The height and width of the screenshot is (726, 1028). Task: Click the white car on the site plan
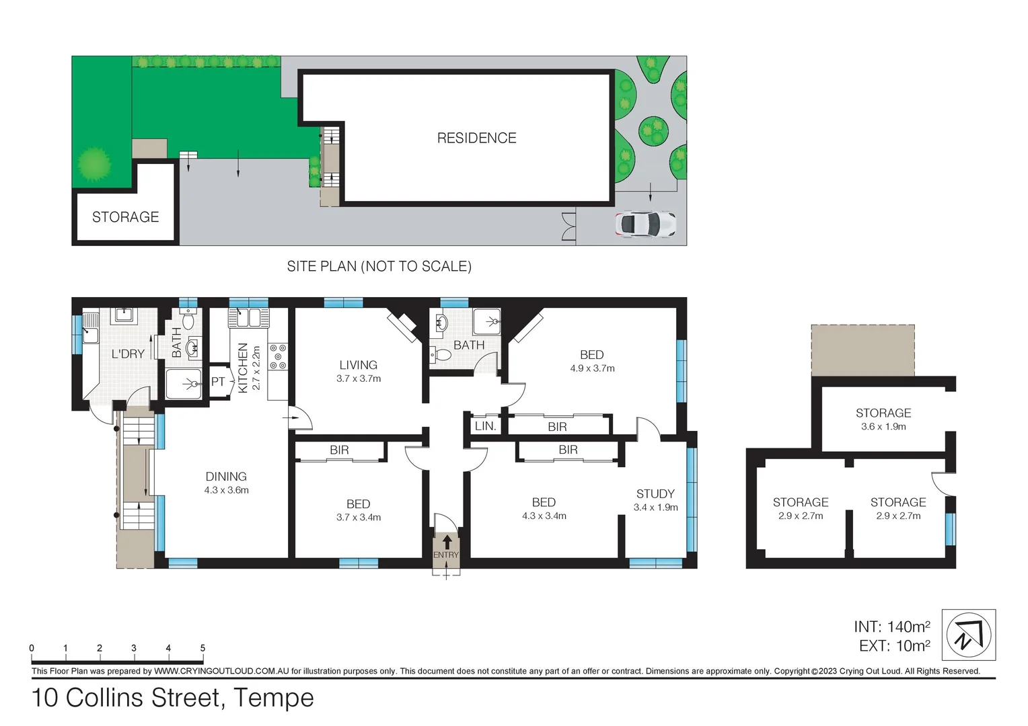pyautogui.click(x=645, y=225)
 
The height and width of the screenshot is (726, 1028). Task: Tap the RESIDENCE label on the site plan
pyautogui.click(x=476, y=138)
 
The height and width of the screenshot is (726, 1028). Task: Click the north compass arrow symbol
pyautogui.click(x=968, y=635)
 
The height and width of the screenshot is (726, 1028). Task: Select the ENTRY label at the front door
pyautogui.click(x=446, y=555)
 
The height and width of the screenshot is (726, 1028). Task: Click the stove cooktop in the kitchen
pyautogui.click(x=278, y=357)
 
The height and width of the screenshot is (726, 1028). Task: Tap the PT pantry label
pyautogui.click(x=218, y=382)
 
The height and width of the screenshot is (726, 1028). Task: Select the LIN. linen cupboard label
pyautogui.click(x=485, y=426)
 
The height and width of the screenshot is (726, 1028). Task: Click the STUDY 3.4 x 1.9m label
pyautogui.click(x=655, y=500)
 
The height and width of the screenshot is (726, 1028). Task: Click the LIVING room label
pyautogui.click(x=358, y=365)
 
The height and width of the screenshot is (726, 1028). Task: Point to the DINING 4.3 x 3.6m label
pyautogui.click(x=226, y=483)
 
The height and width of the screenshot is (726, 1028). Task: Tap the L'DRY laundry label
pyautogui.click(x=128, y=354)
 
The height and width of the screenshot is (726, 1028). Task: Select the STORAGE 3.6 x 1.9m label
pyautogui.click(x=883, y=419)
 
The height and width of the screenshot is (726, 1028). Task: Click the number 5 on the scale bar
pyautogui.click(x=203, y=648)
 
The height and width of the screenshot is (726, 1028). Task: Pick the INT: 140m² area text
pyautogui.click(x=891, y=627)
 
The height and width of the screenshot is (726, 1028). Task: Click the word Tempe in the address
pyautogui.click(x=274, y=698)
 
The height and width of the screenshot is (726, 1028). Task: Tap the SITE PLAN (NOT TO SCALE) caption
pyautogui.click(x=379, y=266)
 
